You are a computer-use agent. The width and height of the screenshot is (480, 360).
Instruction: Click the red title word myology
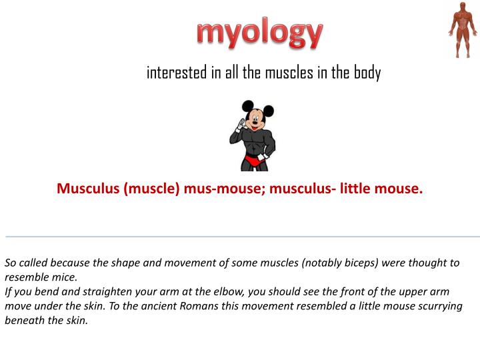tap(260, 33)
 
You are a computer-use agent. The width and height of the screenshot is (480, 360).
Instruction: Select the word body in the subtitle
tap(367, 73)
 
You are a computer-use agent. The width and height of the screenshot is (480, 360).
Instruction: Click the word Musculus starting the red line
tap(87, 189)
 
